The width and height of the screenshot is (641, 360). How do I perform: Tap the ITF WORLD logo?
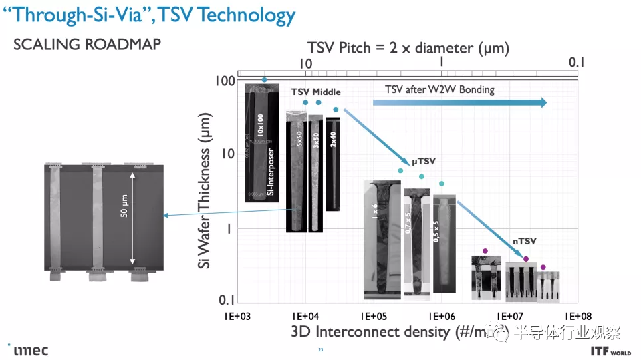coord(611,349)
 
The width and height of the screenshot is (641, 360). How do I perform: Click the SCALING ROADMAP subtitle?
coord(88,45)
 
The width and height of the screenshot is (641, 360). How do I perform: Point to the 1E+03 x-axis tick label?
coord(237,316)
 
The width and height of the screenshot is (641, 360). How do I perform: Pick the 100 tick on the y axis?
coord(225,81)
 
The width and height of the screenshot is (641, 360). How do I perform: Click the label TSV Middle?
coord(315,92)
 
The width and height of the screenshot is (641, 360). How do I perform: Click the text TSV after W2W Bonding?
coord(439,89)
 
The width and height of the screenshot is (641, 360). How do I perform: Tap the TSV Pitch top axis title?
coord(408,48)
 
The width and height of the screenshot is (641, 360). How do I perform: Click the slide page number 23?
coord(320,350)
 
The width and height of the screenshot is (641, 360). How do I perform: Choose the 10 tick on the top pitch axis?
coord(306,63)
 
